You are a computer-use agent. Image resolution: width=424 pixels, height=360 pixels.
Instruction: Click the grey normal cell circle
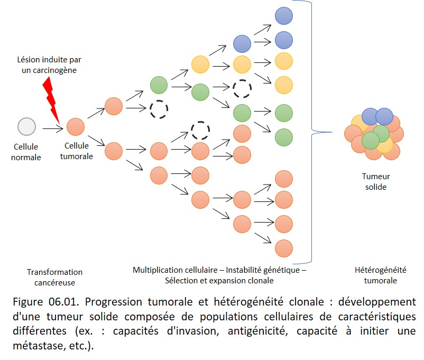click(26, 126)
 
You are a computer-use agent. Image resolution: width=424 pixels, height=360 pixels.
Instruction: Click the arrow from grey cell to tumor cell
click(53, 128)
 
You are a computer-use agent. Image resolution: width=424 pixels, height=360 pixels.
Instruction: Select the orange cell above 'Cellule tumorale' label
click(76, 127)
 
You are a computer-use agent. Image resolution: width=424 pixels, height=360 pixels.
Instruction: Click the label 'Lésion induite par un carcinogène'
click(49, 65)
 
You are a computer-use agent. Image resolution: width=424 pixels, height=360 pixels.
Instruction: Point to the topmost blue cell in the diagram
click(284, 16)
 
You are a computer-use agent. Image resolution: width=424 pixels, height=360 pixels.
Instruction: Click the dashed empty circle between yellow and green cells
click(242, 88)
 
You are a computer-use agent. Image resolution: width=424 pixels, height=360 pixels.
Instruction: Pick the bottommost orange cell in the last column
click(284, 248)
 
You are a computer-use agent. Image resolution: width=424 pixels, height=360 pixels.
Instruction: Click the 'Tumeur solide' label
click(376, 181)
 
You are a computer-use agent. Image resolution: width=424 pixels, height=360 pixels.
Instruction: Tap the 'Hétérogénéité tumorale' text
click(381, 275)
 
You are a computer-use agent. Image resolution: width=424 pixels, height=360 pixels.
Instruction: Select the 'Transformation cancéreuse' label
click(54, 277)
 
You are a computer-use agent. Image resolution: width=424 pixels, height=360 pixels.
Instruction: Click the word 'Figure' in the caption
click(28, 302)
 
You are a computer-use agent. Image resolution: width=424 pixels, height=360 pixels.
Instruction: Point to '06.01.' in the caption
click(64, 301)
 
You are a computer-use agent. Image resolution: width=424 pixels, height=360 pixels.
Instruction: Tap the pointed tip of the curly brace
click(332, 132)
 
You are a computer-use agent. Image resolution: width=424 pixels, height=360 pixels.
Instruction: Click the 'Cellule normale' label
click(26, 152)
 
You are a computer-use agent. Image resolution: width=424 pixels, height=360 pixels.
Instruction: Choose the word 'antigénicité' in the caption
click(257, 331)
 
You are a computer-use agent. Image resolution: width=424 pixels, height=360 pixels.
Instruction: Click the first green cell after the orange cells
click(159, 85)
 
